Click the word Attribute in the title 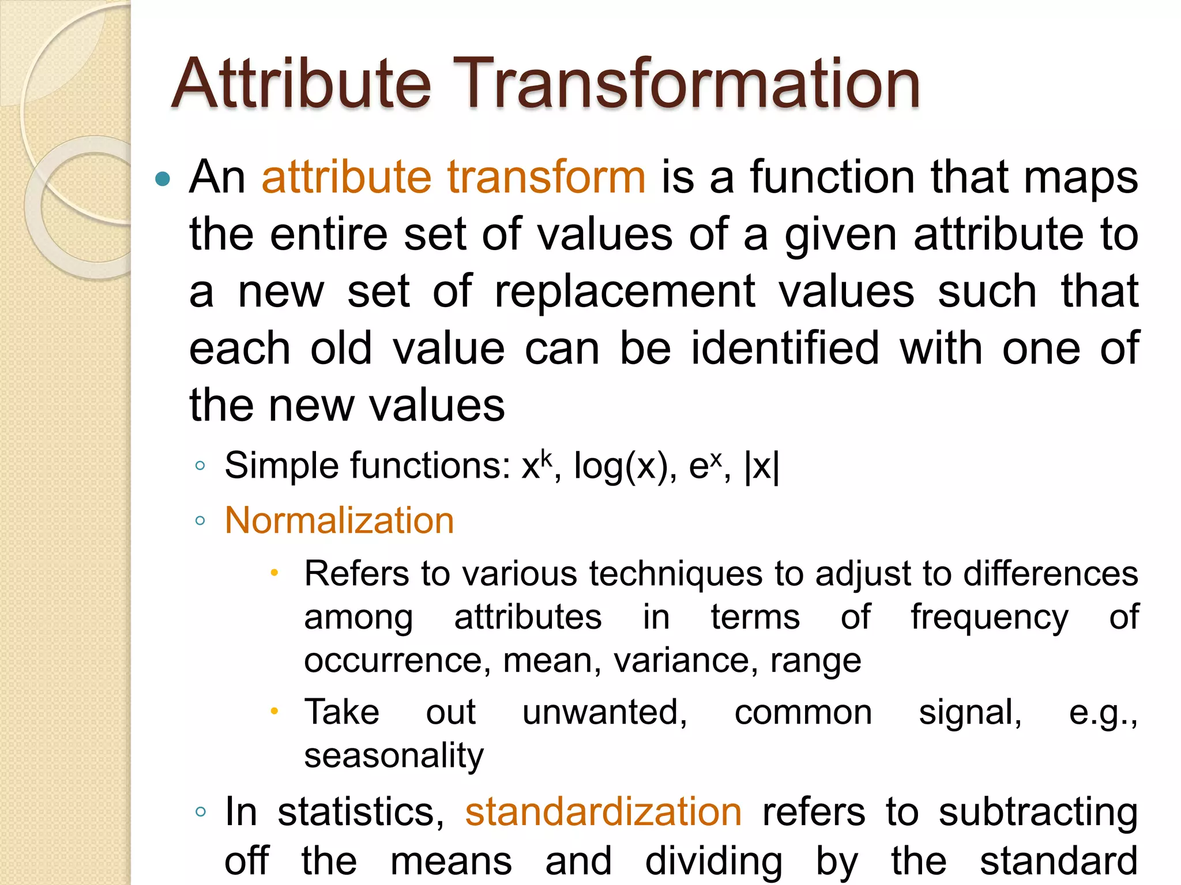coord(301,84)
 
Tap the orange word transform coord(546,177)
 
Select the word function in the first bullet coord(832,177)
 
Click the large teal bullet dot coord(163,179)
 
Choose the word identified coord(785,349)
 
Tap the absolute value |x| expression coord(762,467)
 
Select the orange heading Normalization coord(339,521)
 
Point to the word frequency coord(989,618)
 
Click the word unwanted coord(604,713)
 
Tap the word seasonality coord(394,756)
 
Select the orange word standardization coord(603,812)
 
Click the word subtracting coord(1037,813)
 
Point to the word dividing coord(713,862)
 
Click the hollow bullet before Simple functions coord(200,466)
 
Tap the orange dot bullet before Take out coord(274,712)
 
